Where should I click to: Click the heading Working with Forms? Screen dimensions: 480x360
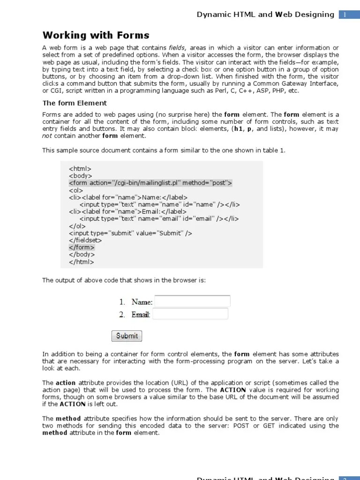click(96, 35)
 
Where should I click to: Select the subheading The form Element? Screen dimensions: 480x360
click(75, 103)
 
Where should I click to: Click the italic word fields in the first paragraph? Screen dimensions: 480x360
click(177, 48)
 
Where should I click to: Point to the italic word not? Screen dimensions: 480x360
click(47, 136)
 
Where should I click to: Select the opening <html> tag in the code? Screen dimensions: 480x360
click(80, 168)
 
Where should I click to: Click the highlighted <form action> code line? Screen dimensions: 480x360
click(150, 183)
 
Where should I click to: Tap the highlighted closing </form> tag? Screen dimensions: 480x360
click(82, 247)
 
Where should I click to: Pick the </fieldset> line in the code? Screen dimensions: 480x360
click(85, 240)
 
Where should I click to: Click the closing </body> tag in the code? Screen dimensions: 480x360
click(82, 255)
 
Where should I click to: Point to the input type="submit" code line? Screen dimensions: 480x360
click(130, 233)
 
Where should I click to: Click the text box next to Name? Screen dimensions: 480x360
click(192, 301)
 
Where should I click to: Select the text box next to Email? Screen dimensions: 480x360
click(190, 314)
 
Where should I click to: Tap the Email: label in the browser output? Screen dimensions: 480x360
click(141, 315)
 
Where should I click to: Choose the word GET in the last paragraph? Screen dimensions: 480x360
click(272, 426)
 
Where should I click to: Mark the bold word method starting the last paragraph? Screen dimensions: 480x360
click(68, 419)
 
